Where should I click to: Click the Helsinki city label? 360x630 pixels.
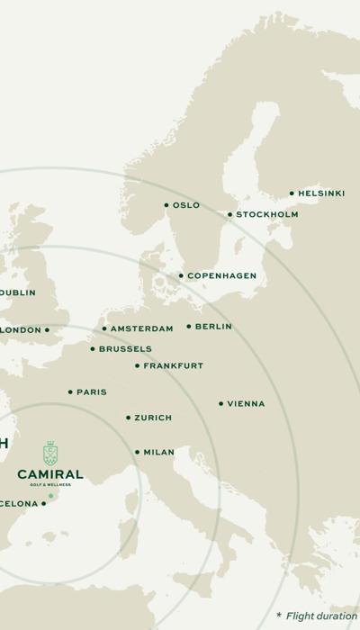[321, 193]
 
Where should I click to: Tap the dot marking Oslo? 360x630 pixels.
[166, 205]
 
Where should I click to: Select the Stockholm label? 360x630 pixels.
[267, 215]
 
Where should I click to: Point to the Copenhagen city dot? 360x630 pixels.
[181, 275]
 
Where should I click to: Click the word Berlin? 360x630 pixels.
[213, 327]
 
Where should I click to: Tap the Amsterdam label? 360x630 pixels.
[143, 329]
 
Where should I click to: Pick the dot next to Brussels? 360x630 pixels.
[92, 349]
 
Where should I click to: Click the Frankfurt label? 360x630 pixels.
[174, 366]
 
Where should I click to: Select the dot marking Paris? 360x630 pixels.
[70, 392]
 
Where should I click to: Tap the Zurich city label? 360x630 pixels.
[153, 418]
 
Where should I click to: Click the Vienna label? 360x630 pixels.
[246, 404]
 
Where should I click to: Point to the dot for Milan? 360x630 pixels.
[137, 453]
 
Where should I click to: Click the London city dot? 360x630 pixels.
[47, 330]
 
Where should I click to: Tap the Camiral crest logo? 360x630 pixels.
[50, 453]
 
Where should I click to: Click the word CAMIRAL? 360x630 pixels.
[50, 474]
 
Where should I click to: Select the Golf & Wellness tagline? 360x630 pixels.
[50, 485]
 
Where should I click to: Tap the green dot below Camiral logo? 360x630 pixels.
[50, 496]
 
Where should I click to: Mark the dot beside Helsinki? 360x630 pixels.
[292, 193]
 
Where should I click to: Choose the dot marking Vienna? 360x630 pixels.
[220, 404]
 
